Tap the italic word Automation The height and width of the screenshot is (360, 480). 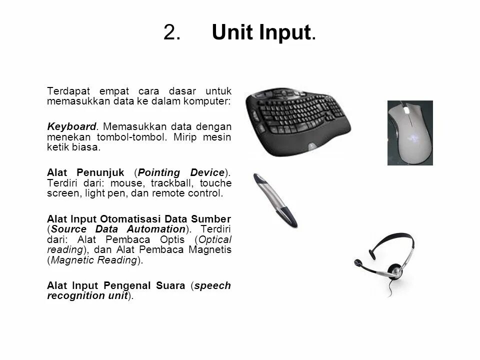tap(153, 229)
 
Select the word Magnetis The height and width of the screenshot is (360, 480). tap(210, 249)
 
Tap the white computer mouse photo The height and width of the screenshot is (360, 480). tap(409, 132)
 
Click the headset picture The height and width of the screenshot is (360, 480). tap(385, 262)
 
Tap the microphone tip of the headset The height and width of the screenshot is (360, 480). tap(358, 261)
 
